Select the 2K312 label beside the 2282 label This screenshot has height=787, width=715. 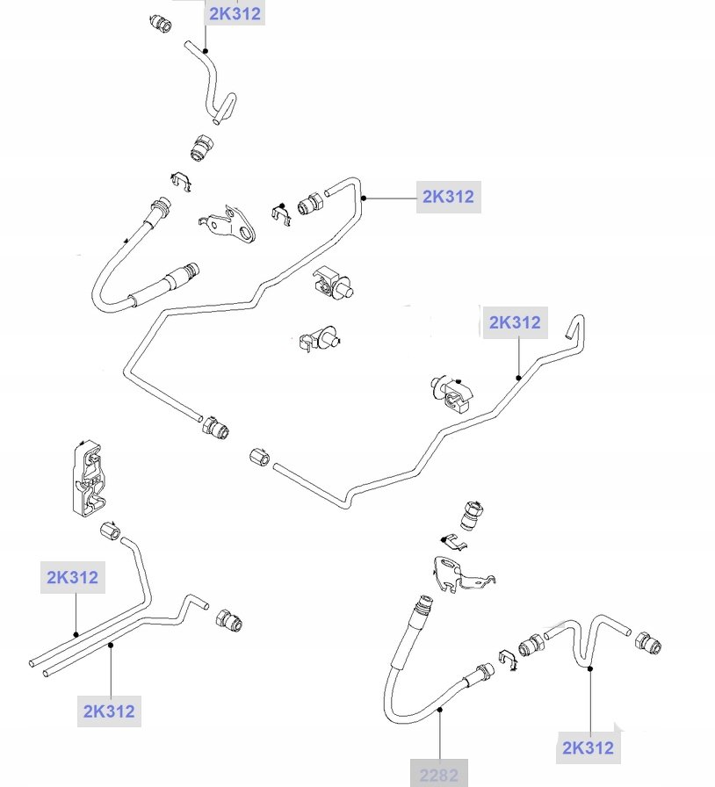(x=588, y=747)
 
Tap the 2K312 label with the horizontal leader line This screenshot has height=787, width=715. (x=448, y=197)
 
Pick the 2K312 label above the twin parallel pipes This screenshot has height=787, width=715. (x=73, y=577)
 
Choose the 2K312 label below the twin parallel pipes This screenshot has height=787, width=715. (x=110, y=711)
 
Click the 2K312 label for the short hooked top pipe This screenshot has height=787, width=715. (x=235, y=13)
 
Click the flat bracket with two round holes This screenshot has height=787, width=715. (x=230, y=223)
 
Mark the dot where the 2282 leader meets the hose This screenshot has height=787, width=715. (x=439, y=712)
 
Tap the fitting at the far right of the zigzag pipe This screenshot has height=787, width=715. (x=648, y=644)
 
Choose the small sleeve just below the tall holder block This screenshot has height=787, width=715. (x=111, y=532)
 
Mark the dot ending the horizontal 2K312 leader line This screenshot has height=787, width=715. (x=362, y=199)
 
